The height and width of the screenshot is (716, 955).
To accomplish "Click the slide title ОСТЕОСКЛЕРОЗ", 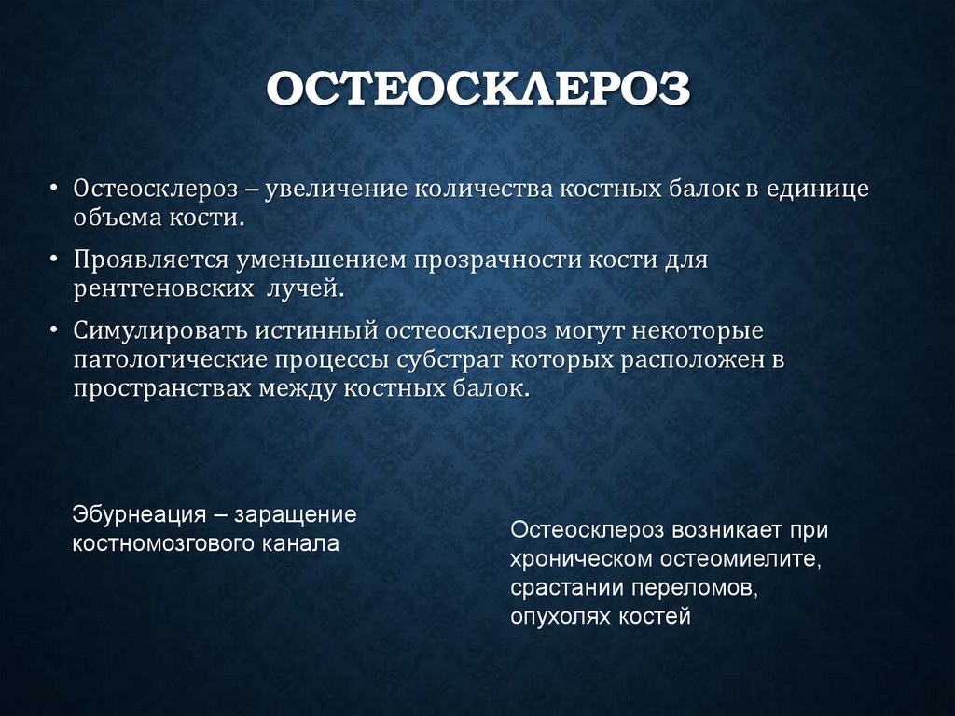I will coord(478,91).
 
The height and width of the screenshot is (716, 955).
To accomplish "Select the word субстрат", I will coord(504,360).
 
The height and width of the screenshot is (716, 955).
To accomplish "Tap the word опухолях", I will coord(555,617).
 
